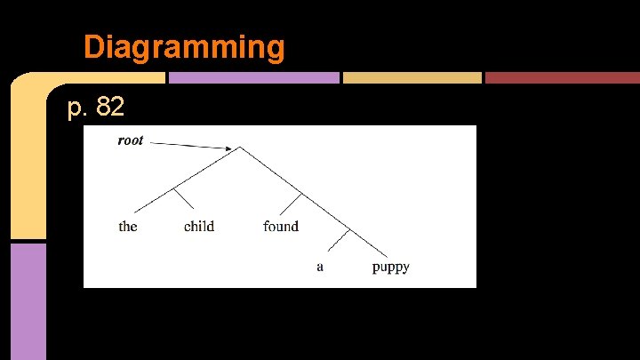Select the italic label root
coord(131,140)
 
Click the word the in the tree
coord(128,227)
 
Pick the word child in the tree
coord(199,227)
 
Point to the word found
coord(281,227)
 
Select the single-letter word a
coord(320,267)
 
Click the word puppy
coord(390,268)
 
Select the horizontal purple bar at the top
coord(253,78)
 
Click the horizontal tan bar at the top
coord(412,78)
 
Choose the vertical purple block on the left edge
coord(28,300)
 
